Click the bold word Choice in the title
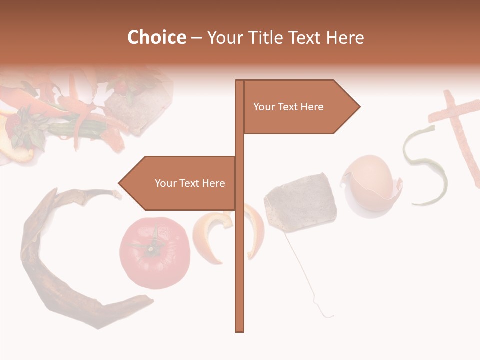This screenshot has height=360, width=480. click(x=156, y=38)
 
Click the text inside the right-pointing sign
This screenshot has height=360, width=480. click(x=288, y=107)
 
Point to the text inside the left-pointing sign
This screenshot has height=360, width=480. click(x=190, y=183)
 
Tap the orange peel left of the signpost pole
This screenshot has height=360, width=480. click(x=212, y=235)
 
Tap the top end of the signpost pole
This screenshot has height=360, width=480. click(x=239, y=82)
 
